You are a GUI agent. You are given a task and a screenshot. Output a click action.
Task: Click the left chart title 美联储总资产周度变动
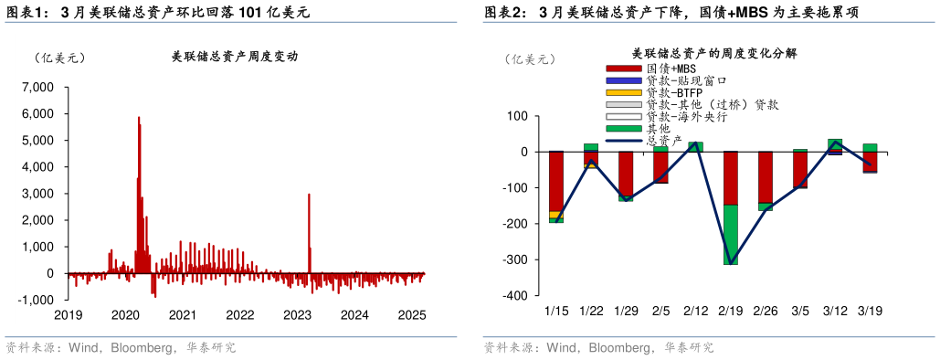pos(235,57)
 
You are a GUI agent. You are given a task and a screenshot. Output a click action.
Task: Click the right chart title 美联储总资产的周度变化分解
pos(714,54)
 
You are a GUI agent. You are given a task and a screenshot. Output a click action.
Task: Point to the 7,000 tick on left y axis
pos(39,87)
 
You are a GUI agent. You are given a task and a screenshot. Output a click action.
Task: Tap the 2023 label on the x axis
pos(297,315)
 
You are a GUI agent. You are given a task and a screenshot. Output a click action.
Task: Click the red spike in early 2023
pos(309,228)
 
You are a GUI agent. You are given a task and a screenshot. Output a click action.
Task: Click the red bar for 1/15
pos(555,181)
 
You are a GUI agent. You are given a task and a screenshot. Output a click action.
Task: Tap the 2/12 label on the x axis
pos(695,311)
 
